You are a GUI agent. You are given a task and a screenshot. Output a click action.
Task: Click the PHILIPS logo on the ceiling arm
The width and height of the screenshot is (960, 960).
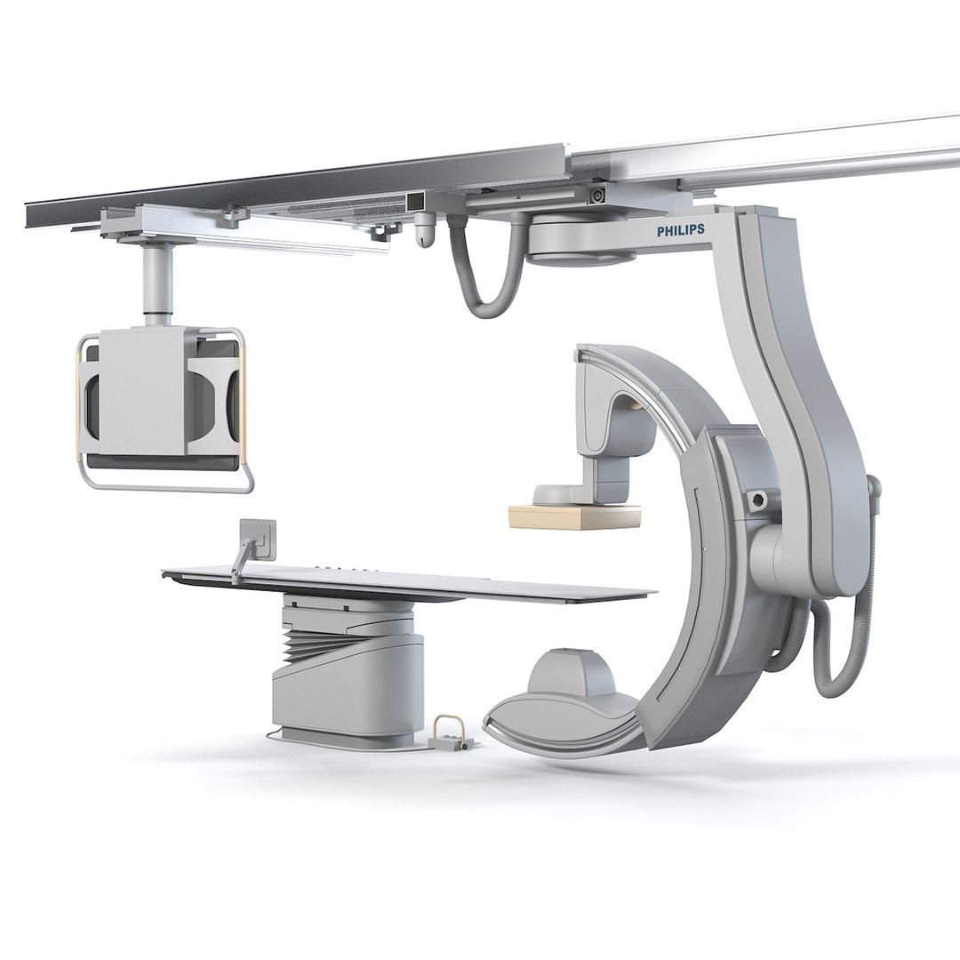coord(680,229)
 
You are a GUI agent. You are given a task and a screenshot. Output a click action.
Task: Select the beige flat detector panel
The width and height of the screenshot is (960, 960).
coord(575,516)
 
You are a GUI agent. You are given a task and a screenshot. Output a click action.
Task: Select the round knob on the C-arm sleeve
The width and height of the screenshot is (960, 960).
coord(759,500)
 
